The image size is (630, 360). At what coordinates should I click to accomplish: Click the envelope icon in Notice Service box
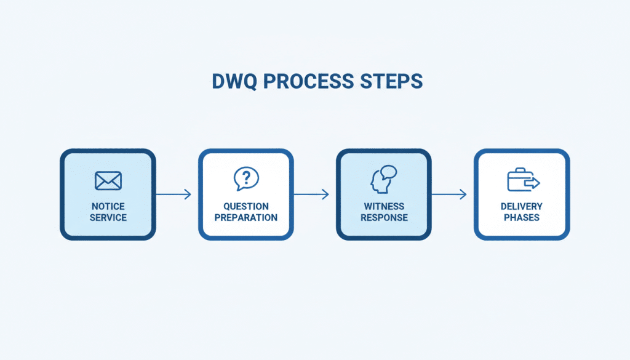(x=108, y=180)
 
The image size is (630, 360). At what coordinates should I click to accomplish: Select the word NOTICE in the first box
(x=108, y=207)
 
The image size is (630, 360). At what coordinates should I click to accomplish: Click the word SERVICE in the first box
(x=108, y=217)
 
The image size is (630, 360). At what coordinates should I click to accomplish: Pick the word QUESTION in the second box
(x=246, y=207)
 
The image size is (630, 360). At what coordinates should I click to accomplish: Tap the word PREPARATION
(x=246, y=217)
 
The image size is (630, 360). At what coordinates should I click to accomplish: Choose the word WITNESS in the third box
(x=384, y=207)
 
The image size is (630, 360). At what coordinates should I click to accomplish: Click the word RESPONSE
(x=384, y=217)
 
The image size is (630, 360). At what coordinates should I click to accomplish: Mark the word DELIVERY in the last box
(x=522, y=207)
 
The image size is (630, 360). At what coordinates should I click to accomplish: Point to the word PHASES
(x=522, y=217)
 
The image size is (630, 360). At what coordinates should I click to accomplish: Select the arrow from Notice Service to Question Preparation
(x=174, y=194)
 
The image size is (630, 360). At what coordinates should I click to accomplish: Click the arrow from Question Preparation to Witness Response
(x=312, y=194)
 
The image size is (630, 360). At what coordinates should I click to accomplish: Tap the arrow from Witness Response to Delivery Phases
(x=450, y=194)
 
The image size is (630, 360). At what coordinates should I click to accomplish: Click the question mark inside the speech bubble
(x=246, y=178)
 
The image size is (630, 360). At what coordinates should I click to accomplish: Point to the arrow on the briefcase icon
(x=533, y=183)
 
